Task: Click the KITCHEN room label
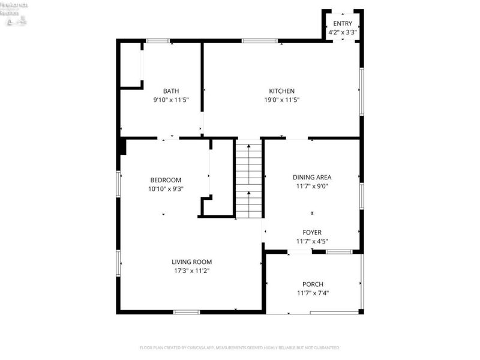[x=281, y=91]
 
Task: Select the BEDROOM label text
[x=166, y=180]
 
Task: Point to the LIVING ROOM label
[x=191, y=262]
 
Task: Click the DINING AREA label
[x=312, y=177]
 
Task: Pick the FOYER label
[x=312, y=232]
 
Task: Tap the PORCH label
[x=313, y=284]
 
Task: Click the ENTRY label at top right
[x=343, y=23]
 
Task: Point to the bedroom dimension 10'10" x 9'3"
[x=166, y=188]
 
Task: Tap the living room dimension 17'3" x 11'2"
[x=191, y=271]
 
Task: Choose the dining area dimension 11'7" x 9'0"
[x=312, y=186]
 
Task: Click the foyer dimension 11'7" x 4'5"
[x=312, y=241]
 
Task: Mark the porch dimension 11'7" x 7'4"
[x=313, y=293]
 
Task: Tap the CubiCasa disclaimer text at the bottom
[x=239, y=347]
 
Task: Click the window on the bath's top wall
[x=157, y=41]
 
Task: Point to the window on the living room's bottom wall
[x=186, y=311]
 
